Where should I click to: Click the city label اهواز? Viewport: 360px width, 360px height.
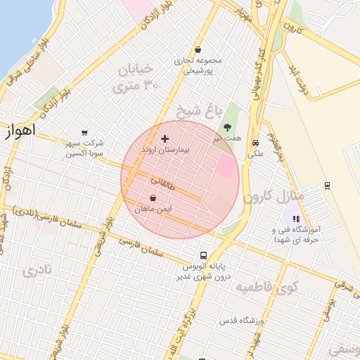click(19, 131)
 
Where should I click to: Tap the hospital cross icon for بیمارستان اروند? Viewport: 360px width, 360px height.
click(165, 139)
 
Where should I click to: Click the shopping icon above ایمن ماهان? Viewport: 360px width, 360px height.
click(153, 198)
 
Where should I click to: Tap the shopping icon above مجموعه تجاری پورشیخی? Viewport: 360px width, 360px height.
click(198, 50)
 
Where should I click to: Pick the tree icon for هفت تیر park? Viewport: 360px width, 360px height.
click(227, 127)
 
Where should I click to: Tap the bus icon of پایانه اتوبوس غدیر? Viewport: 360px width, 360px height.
click(203, 255)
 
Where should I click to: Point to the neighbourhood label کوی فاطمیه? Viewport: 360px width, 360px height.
click(266, 287)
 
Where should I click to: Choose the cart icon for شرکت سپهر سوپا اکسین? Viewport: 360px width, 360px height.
click(84, 132)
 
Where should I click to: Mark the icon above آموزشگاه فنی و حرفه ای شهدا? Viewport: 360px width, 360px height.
click(296, 219)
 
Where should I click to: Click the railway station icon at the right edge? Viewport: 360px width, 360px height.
click(327, 186)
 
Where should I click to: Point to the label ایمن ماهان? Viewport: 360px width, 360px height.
click(153, 210)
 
